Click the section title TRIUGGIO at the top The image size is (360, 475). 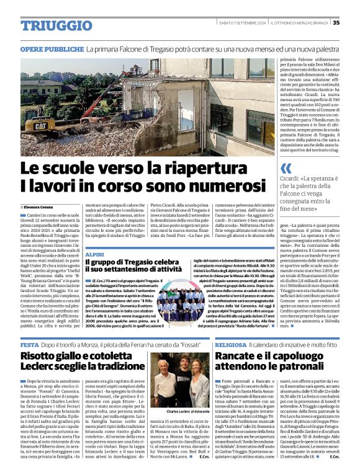[49, 25]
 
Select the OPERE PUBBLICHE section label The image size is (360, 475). [52, 48]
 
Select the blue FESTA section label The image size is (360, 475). [30, 344]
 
